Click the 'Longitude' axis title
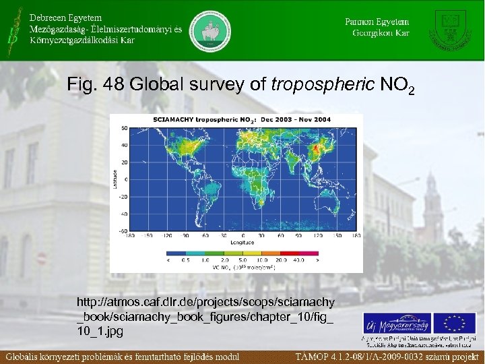point(241,241)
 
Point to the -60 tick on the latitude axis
point(123,231)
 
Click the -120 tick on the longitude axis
point(166,236)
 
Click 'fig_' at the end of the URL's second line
point(325,317)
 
